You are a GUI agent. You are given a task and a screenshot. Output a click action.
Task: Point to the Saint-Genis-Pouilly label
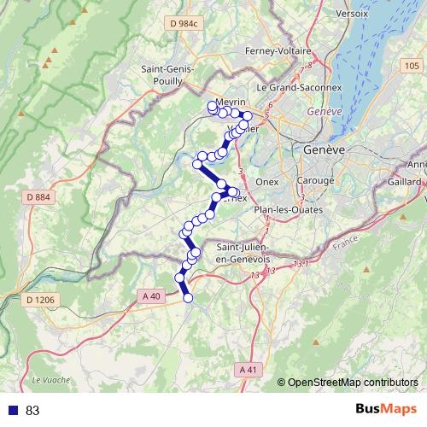tap(167, 75)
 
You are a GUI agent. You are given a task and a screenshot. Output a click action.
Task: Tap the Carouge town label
tap(316, 181)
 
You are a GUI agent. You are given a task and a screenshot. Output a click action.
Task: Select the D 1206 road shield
tap(41, 300)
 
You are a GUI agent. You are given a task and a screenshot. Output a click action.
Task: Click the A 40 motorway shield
tap(151, 295)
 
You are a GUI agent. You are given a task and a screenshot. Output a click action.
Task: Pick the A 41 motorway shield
tap(248, 369)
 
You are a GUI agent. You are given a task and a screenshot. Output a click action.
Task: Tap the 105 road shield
tap(412, 66)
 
